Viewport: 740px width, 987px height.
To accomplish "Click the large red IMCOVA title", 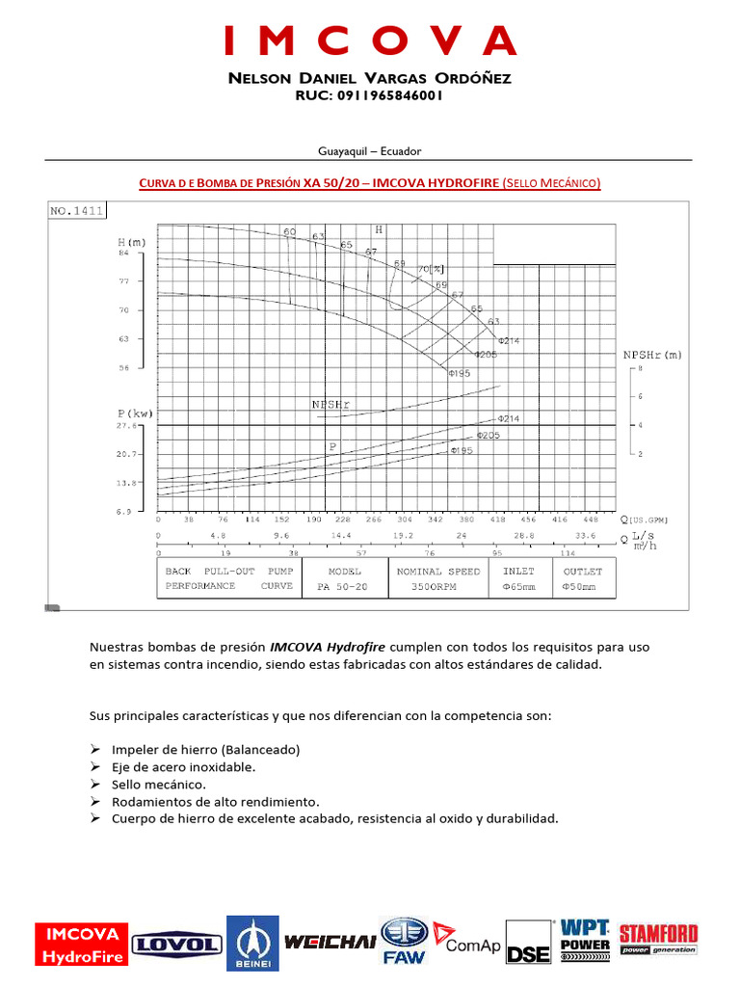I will (370, 40).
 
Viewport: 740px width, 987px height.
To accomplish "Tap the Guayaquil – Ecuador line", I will (370, 151).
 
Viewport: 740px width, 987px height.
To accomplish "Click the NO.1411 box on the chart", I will (76, 211).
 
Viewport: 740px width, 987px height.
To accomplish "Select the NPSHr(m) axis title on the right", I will (651, 355).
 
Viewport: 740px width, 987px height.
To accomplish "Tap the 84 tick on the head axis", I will (123, 253).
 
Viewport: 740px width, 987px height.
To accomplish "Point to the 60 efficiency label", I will (289, 232).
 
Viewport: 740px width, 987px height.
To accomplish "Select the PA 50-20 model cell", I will (344, 586).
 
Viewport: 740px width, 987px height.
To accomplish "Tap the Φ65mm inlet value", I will (518, 586).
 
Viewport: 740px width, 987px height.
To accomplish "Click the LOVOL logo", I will (174, 946).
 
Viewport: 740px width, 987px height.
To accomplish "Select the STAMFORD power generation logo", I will (658, 940).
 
